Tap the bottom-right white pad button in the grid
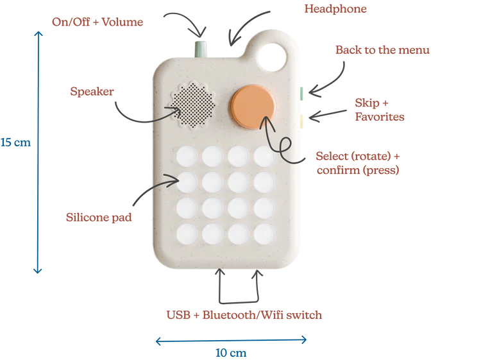tap(264, 233)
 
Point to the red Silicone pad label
tap(99, 216)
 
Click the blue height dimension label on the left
tap(14, 142)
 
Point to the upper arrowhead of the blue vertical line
tap(40, 37)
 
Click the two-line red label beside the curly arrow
tap(357, 162)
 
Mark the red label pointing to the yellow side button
tap(379, 110)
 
